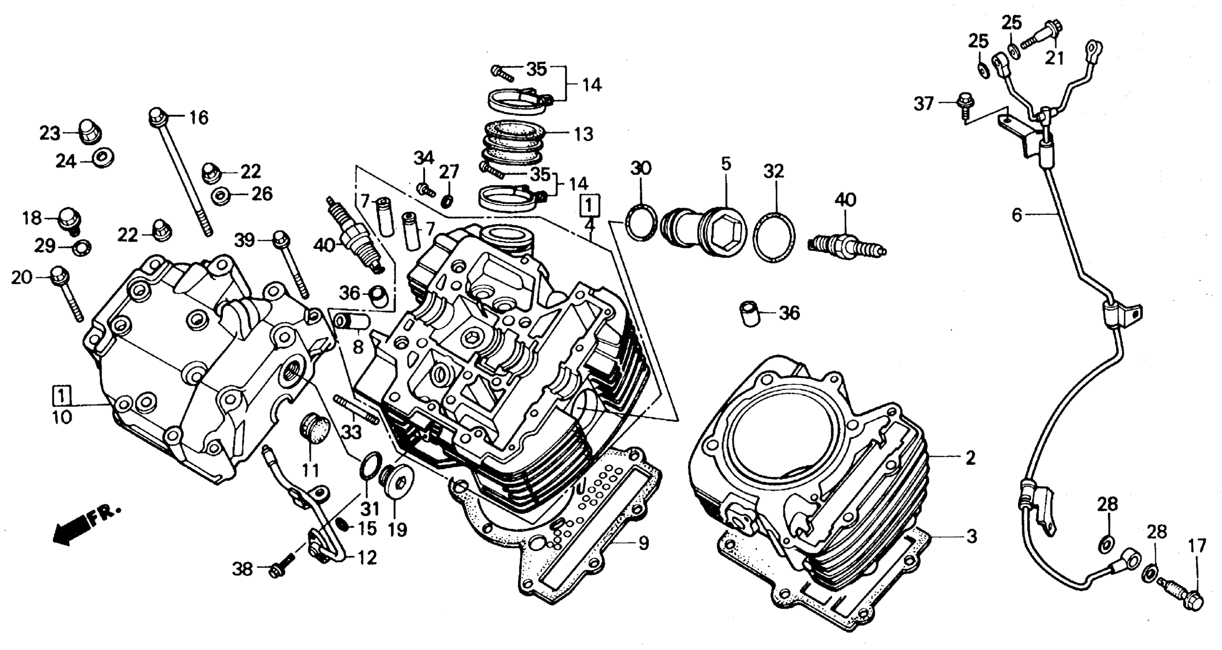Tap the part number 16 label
pyautogui.click(x=199, y=117)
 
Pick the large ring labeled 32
pyautogui.click(x=774, y=238)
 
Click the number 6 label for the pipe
pyautogui.click(x=1016, y=215)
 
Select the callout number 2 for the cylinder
pyautogui.click(x=971, y=458)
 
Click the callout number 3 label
pyautogui.click(x=972, y=536)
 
